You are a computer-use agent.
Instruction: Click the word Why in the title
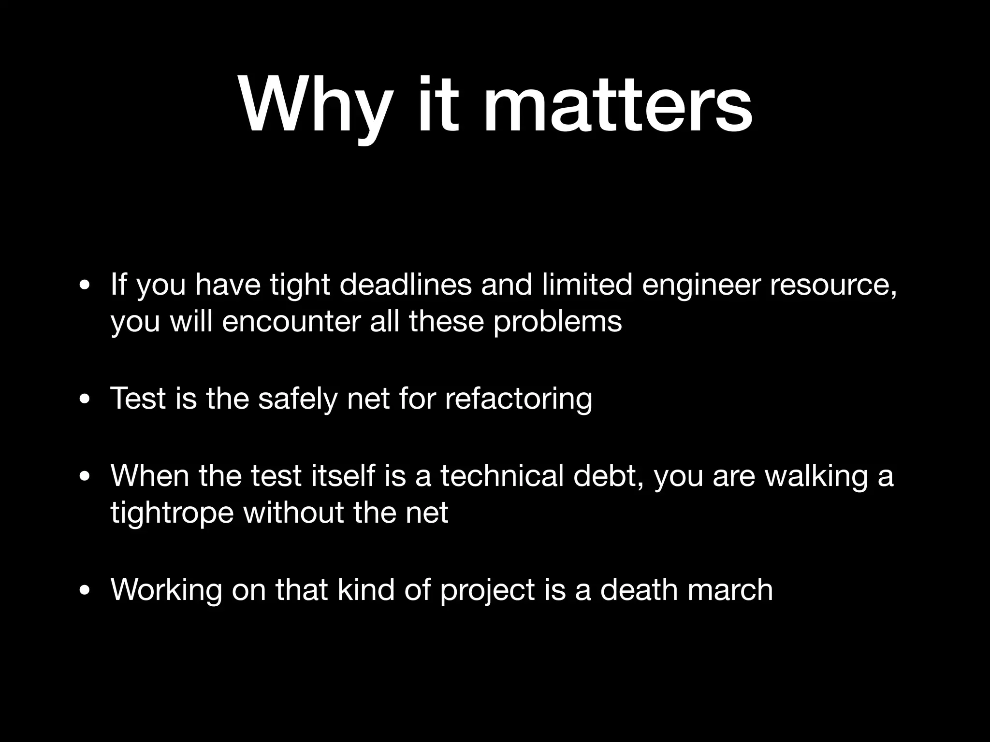coord(313,105)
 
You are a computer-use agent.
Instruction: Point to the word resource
coord(833,285)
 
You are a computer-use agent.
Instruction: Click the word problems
coord(557,322)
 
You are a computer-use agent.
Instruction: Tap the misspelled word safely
coord(296,399)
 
